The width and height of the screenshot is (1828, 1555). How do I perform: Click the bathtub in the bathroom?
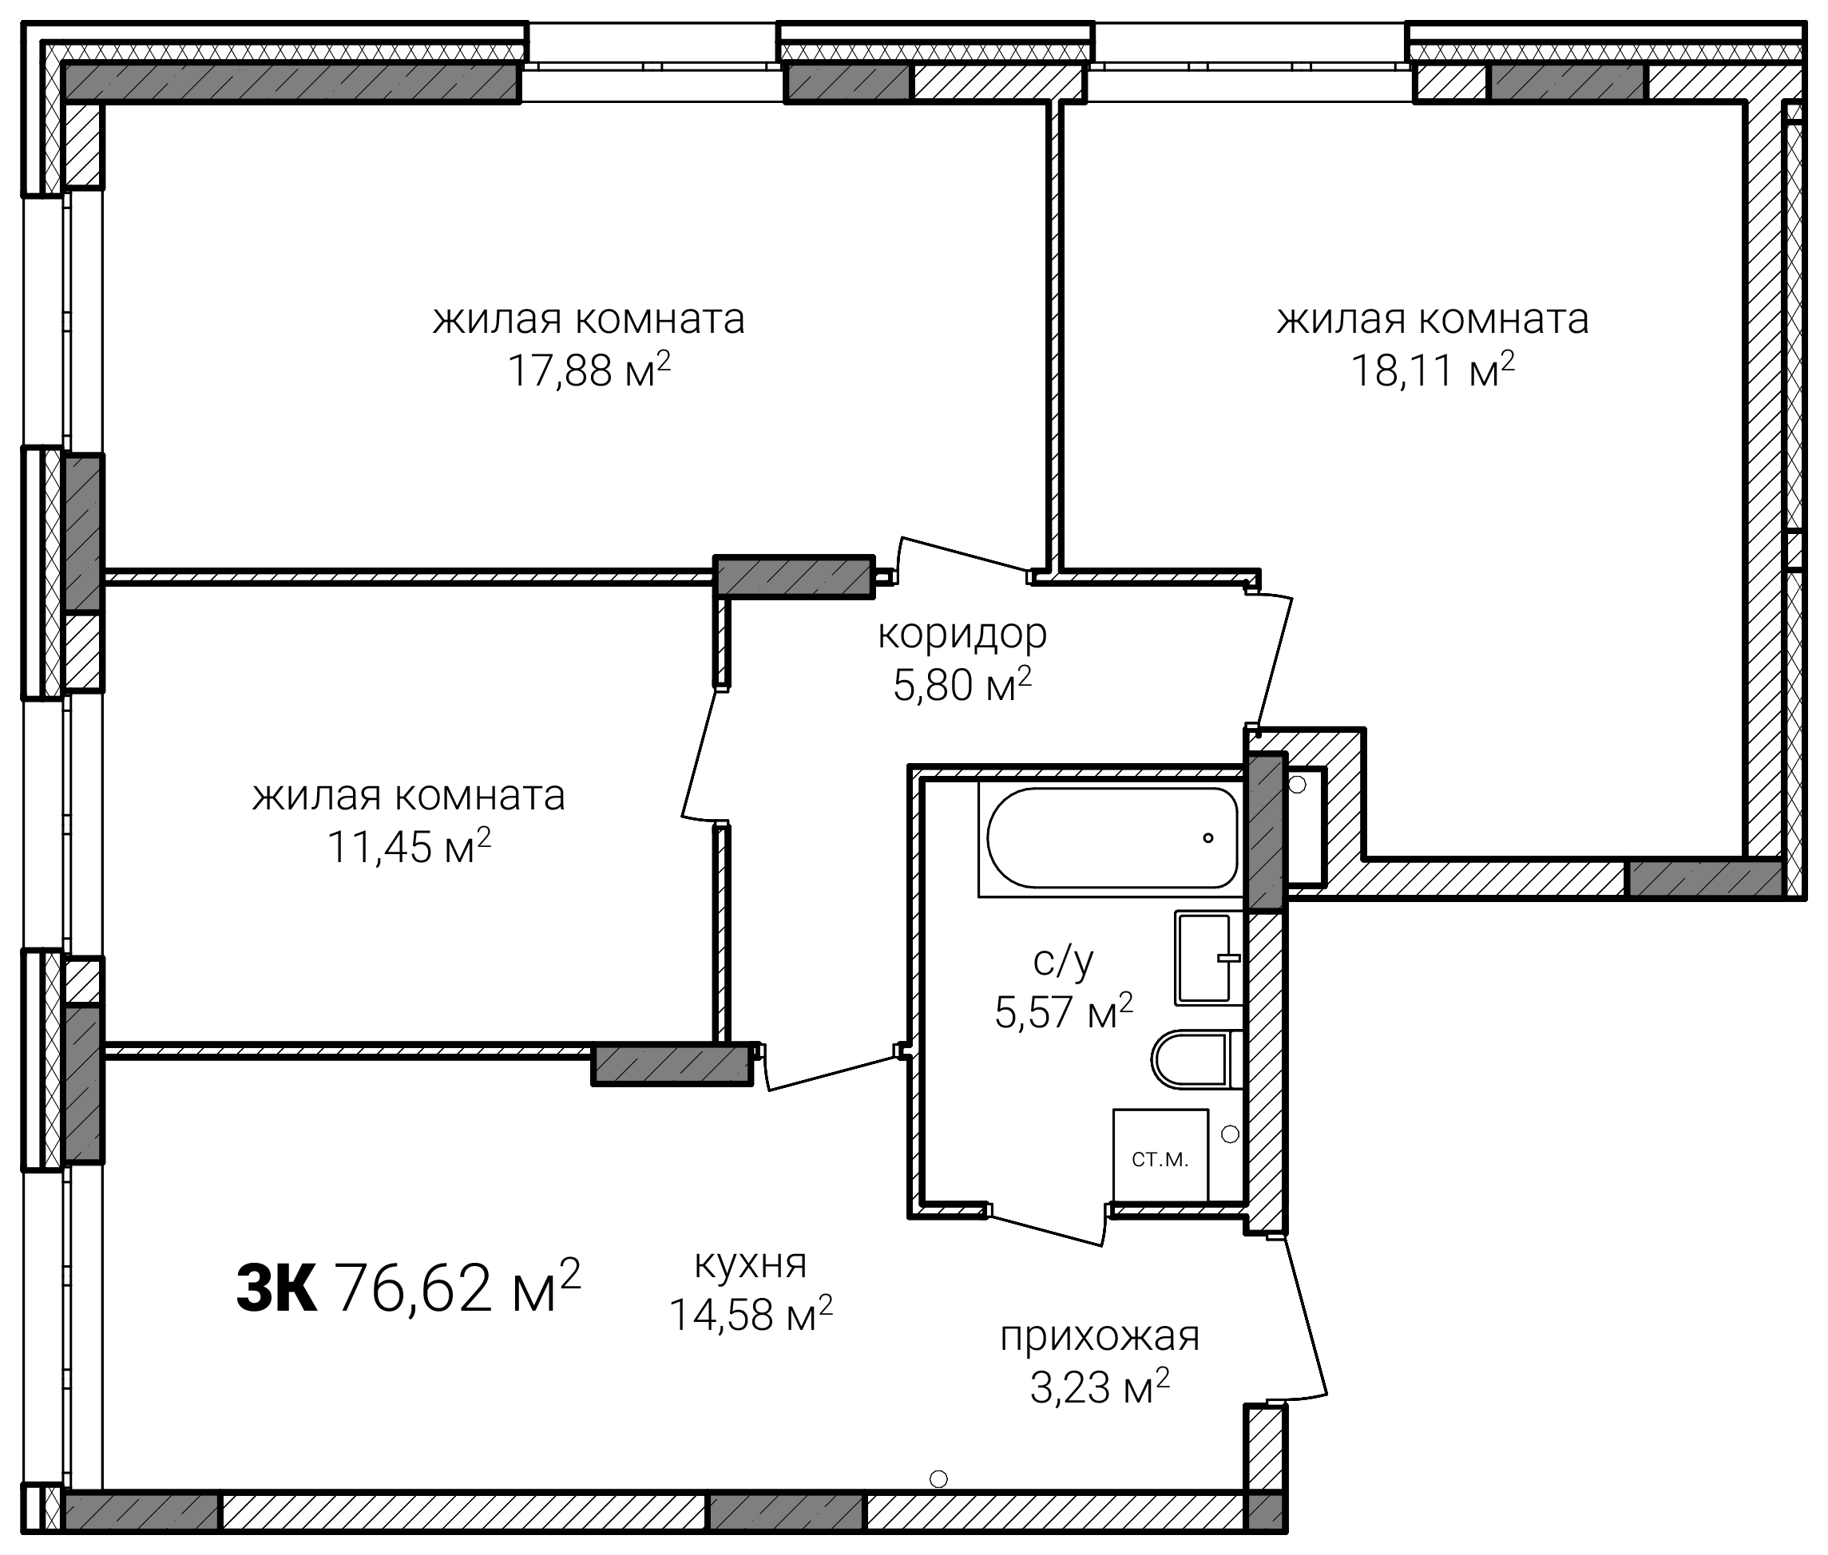[x=1112, y=837]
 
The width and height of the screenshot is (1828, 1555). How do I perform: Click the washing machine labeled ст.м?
[x=1160, y=1156]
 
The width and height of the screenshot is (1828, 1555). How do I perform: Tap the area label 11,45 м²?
[x=409, y=847]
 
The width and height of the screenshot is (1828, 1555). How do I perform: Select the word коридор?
[x=962, y=634]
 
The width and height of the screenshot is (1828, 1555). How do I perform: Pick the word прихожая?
[x=1100, y=1336]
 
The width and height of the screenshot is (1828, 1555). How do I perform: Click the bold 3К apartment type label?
[x=276, y=1288]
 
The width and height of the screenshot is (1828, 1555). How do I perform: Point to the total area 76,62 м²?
[x=458, y=1286]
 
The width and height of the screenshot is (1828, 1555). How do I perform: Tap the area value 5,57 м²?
[x=1064, y=1011]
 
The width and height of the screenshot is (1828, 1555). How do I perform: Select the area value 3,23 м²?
[x=1100, y=1388]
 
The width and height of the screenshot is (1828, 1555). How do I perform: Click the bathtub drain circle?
[x=1208, y=838]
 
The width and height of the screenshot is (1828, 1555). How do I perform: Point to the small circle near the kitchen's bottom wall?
[x=938, y=1478]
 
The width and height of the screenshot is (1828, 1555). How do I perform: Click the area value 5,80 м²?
[x=962, y=685]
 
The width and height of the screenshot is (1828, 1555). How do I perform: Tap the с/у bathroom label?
[x=1064, y=960]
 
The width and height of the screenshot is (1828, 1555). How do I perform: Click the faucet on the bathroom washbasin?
[x=1228, y=958]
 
